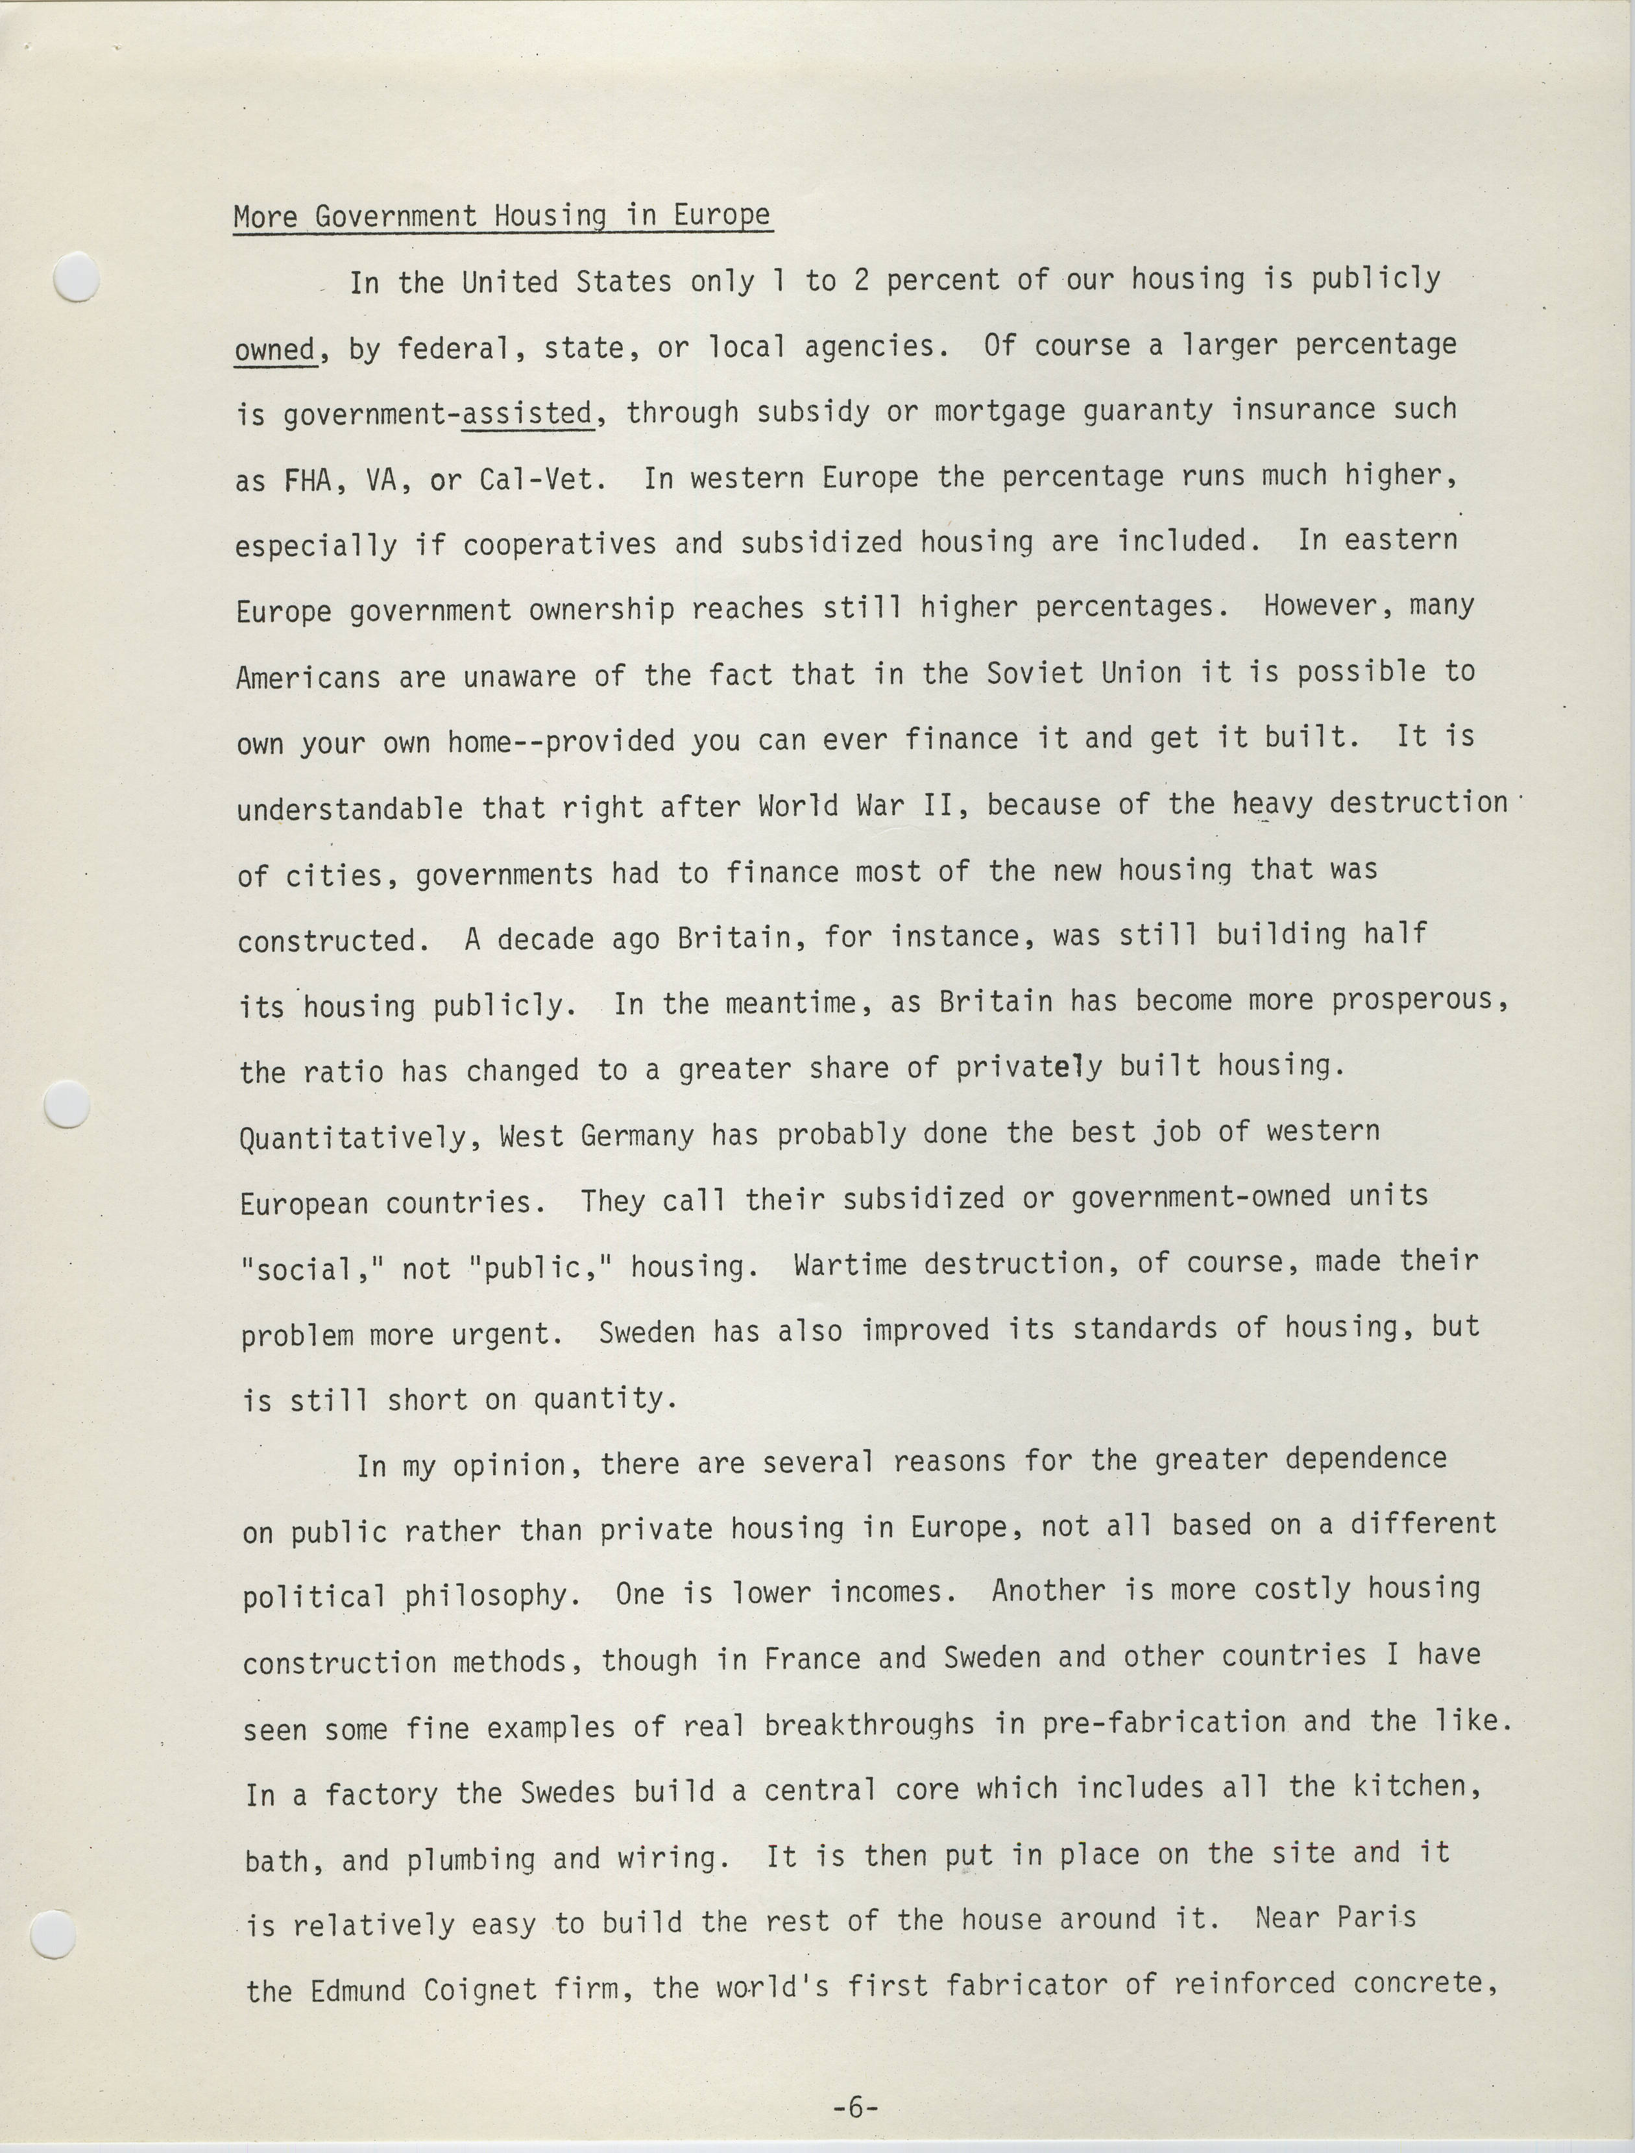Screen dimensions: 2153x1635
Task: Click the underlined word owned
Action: click(x=275, y=348)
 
